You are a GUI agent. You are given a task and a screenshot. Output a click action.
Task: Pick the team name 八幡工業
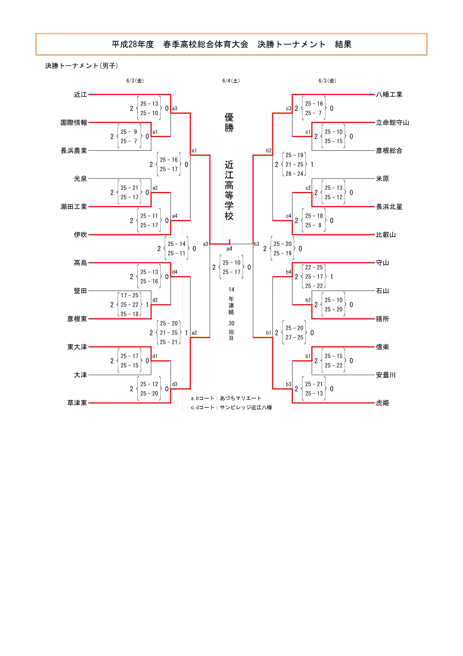point(389,95)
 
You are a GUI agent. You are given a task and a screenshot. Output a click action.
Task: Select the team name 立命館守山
point(393,123)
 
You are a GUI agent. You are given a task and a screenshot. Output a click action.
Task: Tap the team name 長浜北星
point(389,207)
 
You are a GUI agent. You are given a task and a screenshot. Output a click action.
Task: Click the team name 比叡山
point(386,235)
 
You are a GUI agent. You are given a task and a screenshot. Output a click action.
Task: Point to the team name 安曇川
point(386,375)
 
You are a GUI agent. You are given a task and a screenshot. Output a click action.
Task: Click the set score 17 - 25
point(130,295)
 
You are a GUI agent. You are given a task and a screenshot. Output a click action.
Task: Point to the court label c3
point(288,109)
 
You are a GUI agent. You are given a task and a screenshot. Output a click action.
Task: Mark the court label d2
point(155,300)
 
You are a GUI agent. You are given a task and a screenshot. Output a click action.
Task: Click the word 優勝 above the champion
point(229,122)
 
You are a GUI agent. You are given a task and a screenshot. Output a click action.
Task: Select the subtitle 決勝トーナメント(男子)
point(82,66)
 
